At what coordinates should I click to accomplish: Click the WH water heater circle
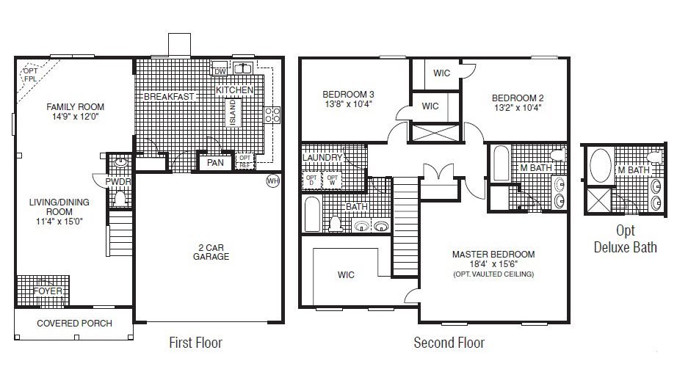click(273, 180)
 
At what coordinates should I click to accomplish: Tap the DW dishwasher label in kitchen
click(219, 70)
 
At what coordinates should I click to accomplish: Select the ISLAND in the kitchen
click(232, 113)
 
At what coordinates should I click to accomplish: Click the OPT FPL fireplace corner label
click(29, 75)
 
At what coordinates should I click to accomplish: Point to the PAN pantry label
click(215, 163)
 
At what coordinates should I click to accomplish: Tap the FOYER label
click(48, 291)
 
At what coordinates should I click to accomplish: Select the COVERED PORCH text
click(74, 324)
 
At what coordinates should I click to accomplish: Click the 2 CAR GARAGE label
click(211, 252)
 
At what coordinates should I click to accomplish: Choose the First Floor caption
click(195, 343)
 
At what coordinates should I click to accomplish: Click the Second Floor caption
click(449, 343)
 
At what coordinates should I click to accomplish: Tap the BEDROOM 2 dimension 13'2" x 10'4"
click(517, 109)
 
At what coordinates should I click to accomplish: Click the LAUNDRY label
click(322, 158)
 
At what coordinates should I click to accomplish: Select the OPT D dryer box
click(311, 179)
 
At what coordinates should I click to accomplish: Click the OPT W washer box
click(333, 179)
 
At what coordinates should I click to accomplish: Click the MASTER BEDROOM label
click(493, 255)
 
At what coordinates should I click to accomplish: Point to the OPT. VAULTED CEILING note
click(493, 274)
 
